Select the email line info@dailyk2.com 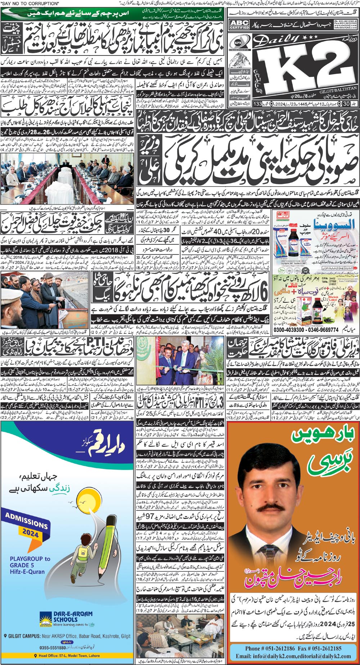tap(293, 656)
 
